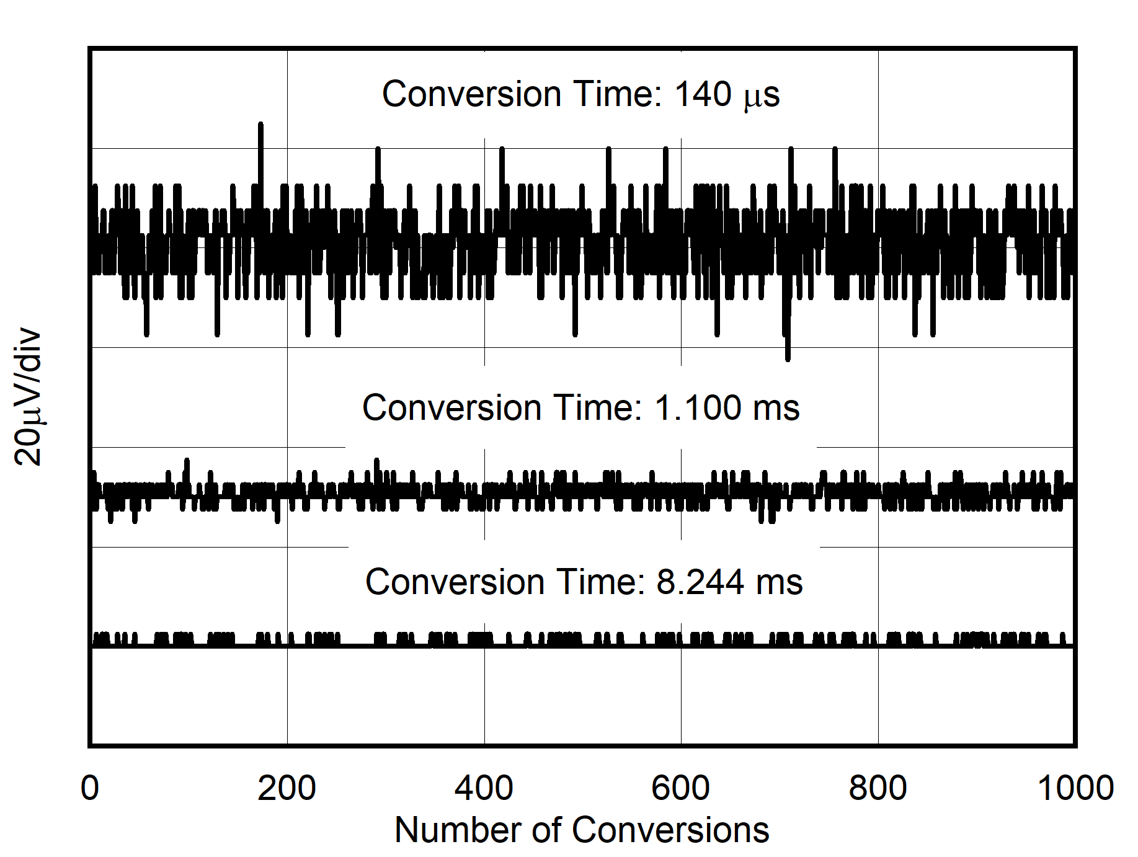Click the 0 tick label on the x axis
click(90, 788)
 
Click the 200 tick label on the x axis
click(287, 788)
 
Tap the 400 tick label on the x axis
click(484, 788)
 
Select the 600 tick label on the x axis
click(680, 788)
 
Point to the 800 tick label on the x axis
click(878, 788)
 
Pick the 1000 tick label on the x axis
click(1075, 788)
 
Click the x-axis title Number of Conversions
click(582, 830)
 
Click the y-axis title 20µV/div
click(29, 397)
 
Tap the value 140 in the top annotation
click(703, 94)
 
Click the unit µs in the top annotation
click(762, 96)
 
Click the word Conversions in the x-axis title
click(670, 830)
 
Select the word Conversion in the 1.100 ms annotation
click(452, 408)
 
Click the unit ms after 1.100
click(776, 408)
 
